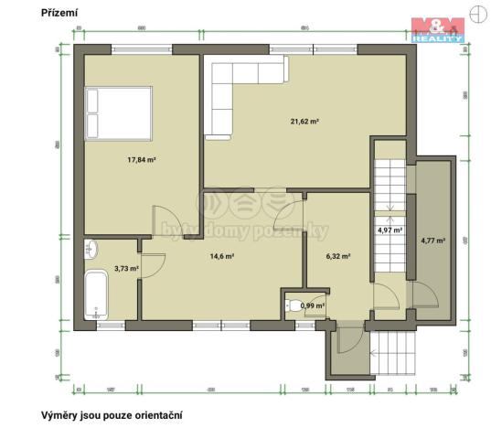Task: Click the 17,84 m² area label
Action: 141,159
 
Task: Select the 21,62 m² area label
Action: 304,121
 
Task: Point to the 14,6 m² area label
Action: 222,257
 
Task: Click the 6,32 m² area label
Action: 338,257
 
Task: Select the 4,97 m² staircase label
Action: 390,230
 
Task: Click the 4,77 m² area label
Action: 432,241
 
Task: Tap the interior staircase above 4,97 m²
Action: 390,183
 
